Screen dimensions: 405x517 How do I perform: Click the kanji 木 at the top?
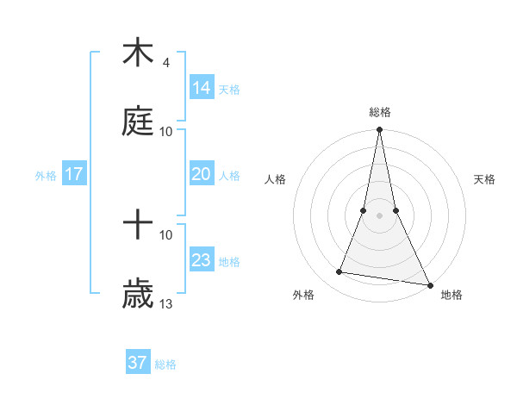[138, 53]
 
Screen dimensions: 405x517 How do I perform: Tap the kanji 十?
[138, 226]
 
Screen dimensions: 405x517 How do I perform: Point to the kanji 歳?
[138, 295]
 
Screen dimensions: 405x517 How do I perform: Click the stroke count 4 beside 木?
[165, 63]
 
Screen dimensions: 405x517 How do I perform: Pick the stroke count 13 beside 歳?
[166, 304]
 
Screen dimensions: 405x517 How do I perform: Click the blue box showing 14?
[202, 88]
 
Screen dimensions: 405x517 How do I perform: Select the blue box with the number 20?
[202, 174]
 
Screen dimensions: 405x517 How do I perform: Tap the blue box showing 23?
[202, 260]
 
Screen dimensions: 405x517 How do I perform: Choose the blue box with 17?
[74, 174]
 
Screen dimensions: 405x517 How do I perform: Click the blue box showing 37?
[138, 363]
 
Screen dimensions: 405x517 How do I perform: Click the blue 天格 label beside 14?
[229, 90]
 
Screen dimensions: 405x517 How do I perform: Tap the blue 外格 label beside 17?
[46, 176]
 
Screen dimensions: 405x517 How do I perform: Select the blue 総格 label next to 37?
[165, 364]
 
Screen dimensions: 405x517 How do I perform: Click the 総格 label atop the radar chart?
[380, 112]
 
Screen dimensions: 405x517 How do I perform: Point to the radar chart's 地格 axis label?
[452, 295]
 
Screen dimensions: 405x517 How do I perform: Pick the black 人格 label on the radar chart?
[275, 179]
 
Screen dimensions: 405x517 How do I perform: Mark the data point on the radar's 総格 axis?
[379, 130]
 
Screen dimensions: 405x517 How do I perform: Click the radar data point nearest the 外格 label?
[339, 272]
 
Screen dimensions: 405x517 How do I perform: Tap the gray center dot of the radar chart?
[379, 215]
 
